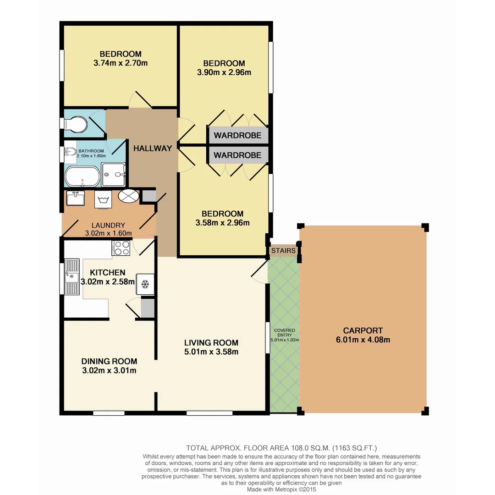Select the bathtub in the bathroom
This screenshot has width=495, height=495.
82,177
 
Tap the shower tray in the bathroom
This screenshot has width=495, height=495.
113,175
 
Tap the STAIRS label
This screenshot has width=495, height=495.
283,251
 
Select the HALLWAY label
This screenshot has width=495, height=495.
153,148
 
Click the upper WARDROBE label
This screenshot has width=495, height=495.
237,135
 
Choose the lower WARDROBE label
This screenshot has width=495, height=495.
237,155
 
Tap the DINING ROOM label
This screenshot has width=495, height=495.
109,361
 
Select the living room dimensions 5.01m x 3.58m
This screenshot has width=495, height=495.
211,352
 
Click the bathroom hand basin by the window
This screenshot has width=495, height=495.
70,154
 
